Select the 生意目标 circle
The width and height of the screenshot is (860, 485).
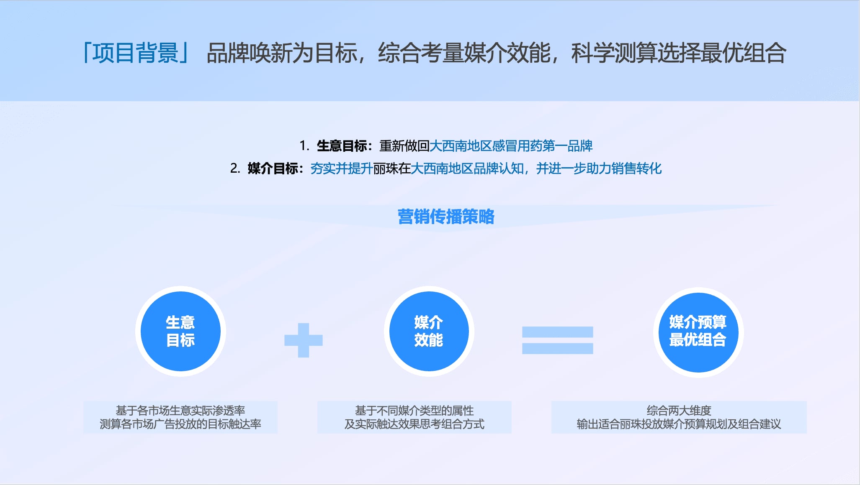pyautogui.click(x=180, y=331)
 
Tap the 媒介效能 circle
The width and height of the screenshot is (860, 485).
pyautogui.click(x=429, y=331)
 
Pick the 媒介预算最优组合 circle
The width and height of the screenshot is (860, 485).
pyautogui.click(x=698, y=332)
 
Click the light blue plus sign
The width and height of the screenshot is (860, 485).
pyautogui.click(x=304, y=340)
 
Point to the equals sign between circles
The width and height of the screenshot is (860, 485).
pyautogui.click(x=557, y=340)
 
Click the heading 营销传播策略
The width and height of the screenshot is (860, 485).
pyautogui.click(x=446, y=217)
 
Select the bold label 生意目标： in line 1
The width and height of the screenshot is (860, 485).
pyautogui.click(x=345, y=146)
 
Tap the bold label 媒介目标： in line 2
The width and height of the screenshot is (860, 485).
pyautogui.click(x=276, y=168)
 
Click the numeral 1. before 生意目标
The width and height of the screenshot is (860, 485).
pyautogui.click(x=304, y=146)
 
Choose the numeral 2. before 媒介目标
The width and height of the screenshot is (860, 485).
pyautogui.click(x=235, y=168)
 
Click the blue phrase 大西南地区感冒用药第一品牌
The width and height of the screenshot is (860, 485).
pyautogui.click(x=511, y=146)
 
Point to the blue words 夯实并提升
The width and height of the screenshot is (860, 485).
pyautogui.click(x=342, y=168)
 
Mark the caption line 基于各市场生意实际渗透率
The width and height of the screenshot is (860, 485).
pyautogui.click(x=180, y=411)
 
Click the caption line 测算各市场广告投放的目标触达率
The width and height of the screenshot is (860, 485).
pyautogui.click(x=180, y=424)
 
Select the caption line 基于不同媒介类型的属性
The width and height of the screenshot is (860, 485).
pyautogui.click(x=415, y=411)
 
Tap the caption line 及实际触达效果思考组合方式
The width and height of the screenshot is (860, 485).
pyautogui.click(x=415, y=424)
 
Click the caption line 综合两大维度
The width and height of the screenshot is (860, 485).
pyautogui.click(x=679, y=411)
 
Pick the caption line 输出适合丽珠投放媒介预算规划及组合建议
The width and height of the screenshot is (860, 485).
pyautogui.click(x=679, y=424)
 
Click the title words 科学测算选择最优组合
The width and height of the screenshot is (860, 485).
pyautogui.click(x=679, y=53)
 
